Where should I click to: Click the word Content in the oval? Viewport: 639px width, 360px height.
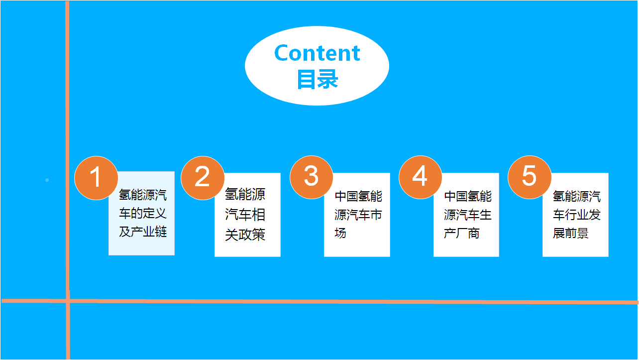coord(317,53)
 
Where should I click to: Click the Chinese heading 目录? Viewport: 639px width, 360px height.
coord(318,79)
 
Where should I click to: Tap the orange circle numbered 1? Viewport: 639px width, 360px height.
coord(96,178)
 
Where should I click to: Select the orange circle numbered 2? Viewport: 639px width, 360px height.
coord(203,178)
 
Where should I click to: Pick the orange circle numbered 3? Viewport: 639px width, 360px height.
coord(312,177)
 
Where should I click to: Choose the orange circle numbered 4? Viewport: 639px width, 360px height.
coord(421,177)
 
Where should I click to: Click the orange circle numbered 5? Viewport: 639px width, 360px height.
coord(530,177)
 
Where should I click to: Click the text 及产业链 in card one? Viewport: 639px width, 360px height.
coord(143,232)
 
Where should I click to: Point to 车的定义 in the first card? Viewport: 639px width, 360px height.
coord(143,213)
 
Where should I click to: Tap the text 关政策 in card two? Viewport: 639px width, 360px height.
coord(245,235)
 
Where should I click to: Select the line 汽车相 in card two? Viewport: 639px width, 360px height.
coord(245,215)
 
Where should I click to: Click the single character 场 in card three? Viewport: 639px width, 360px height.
coord(340,233)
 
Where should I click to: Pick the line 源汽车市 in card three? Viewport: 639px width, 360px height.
coord(358,215)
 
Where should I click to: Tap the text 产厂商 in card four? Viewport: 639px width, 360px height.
coord(462,233)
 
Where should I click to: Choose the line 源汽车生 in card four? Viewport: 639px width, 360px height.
coord(468,215)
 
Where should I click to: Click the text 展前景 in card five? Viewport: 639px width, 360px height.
coord(571,233)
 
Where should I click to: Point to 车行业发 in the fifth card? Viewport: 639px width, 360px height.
coord(577,215)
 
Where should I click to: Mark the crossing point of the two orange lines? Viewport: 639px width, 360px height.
coord(68,301)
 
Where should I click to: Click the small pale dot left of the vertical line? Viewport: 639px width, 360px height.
coord(47,180)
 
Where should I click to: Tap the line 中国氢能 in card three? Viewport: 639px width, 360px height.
coord(358,196)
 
